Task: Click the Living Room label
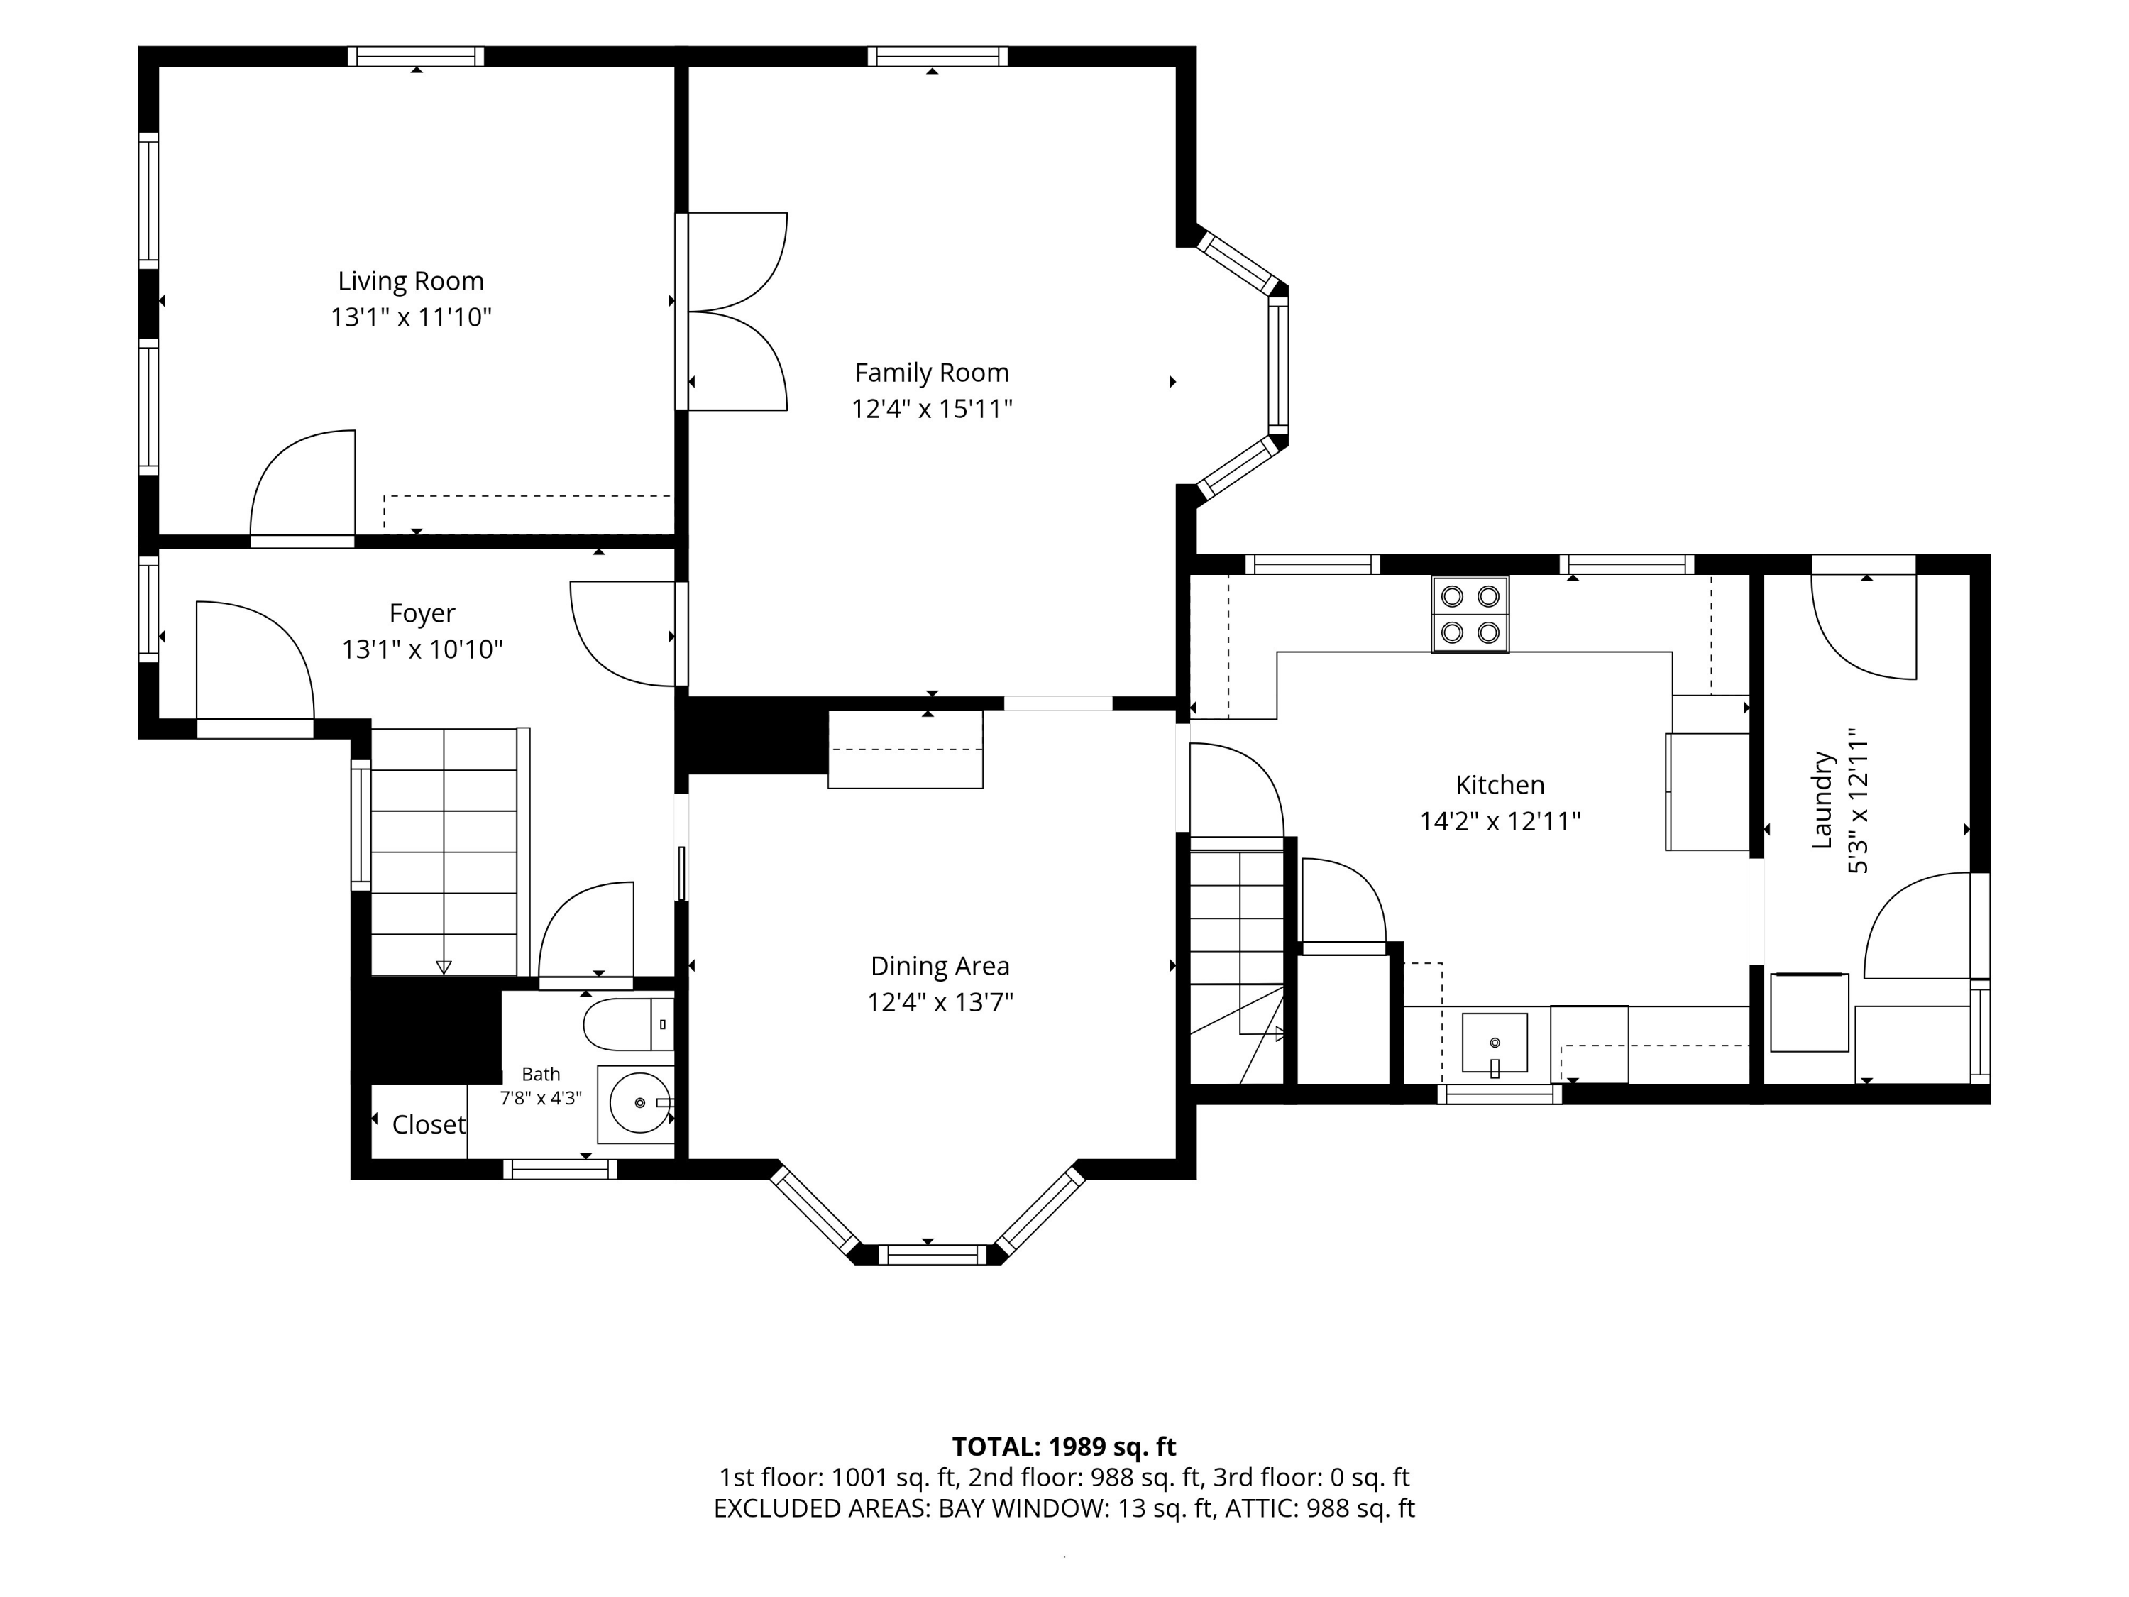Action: point(410,281)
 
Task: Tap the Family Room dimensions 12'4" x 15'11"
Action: point(932,409)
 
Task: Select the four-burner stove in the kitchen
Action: point(1470,614)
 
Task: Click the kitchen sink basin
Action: point(1494,1043)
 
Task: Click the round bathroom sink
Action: point(640,1102)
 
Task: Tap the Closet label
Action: point(429,1124)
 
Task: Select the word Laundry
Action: point(1821,800)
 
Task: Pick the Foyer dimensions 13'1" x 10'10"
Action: point(422,649)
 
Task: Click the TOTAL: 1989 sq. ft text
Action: point(1064,1447)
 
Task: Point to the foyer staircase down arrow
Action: point(444,967)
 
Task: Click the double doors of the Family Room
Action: point(737,312)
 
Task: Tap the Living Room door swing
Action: point(302,484)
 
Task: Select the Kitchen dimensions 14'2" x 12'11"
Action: point(1500,821)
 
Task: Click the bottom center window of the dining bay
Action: point(933,1254)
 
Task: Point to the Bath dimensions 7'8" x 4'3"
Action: point(540,1098)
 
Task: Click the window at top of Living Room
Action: point(416,56)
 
